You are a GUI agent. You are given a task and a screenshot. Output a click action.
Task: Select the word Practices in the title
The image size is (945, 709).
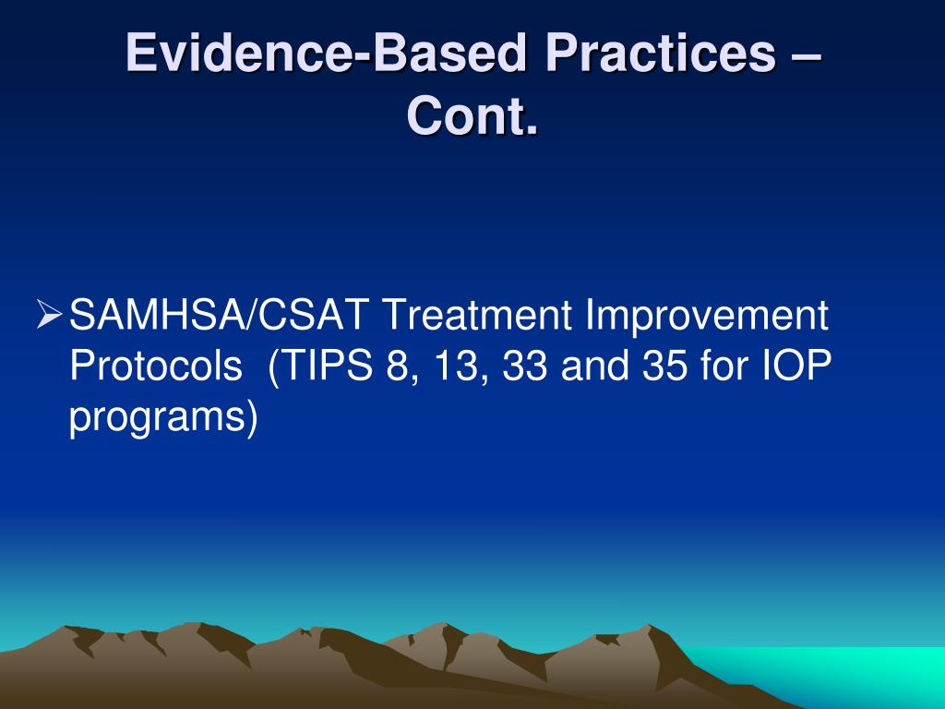(652, 54)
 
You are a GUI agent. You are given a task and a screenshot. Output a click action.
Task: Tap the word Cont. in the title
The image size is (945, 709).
(472, 117)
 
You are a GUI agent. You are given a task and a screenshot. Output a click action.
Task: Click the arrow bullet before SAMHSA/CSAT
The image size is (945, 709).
(51, 318)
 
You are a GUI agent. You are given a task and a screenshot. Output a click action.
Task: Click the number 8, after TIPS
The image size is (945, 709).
(396, 368)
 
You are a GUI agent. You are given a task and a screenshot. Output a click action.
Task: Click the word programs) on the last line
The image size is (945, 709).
(163, 418)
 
